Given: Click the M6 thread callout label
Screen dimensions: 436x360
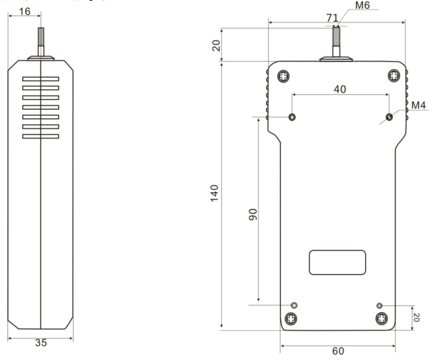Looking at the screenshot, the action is (x=362, y=5).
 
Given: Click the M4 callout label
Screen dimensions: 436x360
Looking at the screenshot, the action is (x=418, y=105).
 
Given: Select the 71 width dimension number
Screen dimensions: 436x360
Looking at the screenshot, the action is (x=332, y=18).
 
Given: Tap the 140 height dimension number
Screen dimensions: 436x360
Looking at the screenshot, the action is (x=215, y=193).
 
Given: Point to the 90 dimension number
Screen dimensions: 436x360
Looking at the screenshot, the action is (x=252, y=214).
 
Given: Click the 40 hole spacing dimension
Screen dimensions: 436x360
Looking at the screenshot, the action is (x=339, y=89).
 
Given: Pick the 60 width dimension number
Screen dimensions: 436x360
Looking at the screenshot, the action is (x=338, y=351).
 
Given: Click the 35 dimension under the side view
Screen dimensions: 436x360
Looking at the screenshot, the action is (x=41, y=342).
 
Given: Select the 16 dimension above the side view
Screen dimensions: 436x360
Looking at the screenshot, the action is (x=24, y=11).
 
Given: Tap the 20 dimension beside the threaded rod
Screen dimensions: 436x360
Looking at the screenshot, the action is (x=216, y=46).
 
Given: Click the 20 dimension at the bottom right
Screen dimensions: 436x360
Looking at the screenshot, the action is (x=416, y=318).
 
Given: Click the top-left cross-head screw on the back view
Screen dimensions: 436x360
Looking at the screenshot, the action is (x=283, y=76).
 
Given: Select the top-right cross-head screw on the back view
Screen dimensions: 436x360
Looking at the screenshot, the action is (x=394, y=76).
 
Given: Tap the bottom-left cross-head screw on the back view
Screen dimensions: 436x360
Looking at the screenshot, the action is (x=291, y=319).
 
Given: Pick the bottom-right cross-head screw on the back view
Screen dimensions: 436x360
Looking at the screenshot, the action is (x=382, y=318).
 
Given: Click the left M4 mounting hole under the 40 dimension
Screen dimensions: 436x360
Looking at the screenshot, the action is (x=292, y=117).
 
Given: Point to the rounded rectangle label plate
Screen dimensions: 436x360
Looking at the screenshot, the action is (x=337, y=262).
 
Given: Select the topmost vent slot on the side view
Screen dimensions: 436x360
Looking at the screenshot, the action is (x=40, y=79).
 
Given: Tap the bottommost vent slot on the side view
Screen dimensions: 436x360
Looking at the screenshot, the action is (x=40, y=136).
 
